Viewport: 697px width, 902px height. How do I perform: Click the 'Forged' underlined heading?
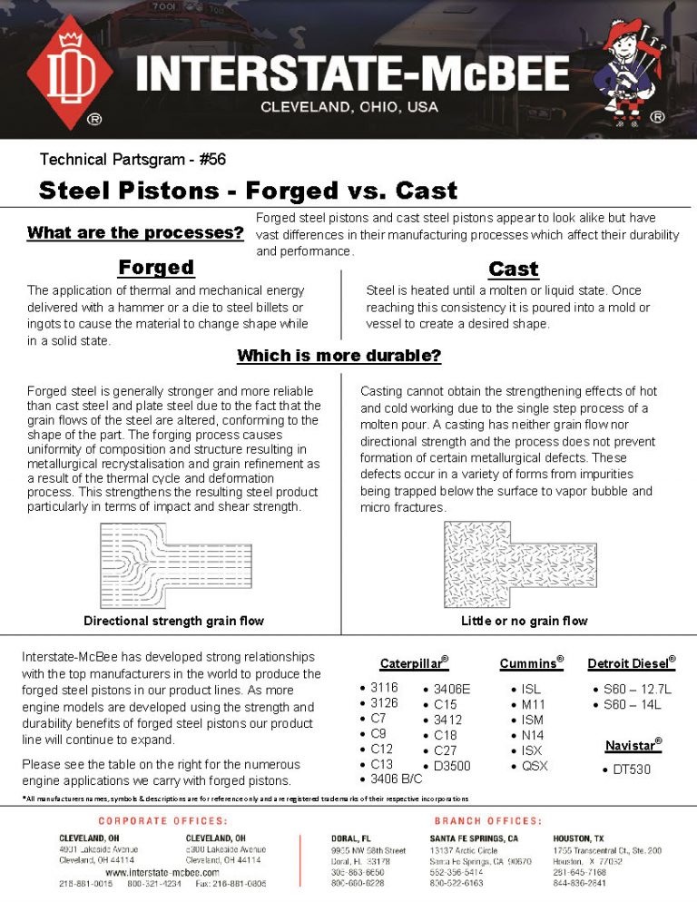(x=156, y=268)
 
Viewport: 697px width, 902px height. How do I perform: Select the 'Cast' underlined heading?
(x=513, y=270)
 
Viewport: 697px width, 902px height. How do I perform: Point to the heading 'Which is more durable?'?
(x=339, y=356)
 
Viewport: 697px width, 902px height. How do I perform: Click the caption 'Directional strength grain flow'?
(x=174, y=622)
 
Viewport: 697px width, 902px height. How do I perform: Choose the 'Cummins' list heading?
(x=531, y=663)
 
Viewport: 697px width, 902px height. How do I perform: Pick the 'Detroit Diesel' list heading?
(x=631, y=663)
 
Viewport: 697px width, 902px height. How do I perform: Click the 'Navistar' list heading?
(x=633, y=745)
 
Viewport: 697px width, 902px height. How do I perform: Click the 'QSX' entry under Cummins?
(x=535, y=766)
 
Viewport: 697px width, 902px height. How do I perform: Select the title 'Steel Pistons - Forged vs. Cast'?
(x=248, y=191)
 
